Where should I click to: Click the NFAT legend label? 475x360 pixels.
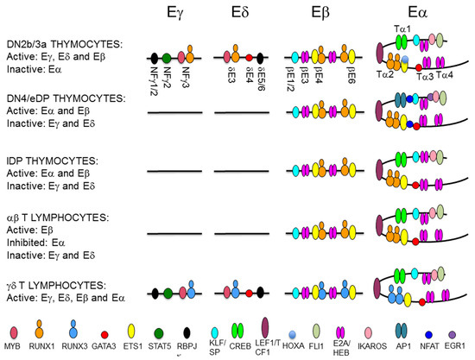click(431, 344)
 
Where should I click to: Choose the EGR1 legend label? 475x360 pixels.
click(458, 344)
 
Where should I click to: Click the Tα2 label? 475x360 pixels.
click(386, 76)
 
